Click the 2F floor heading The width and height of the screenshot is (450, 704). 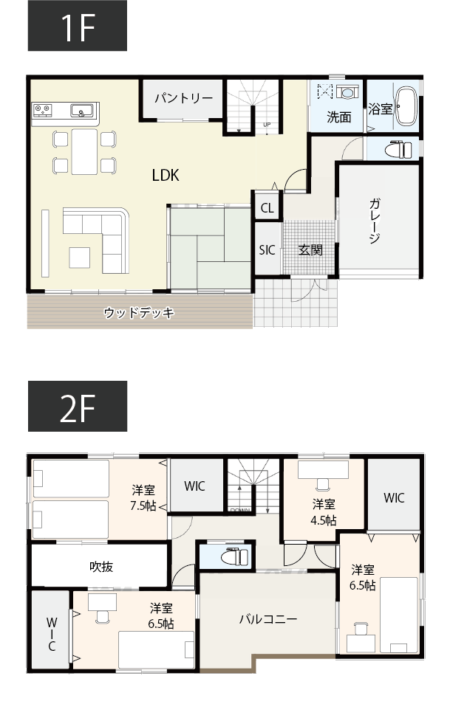pos(78,407)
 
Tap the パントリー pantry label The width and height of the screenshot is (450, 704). pos(184,98)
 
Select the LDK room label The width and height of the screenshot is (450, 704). pos(166,175)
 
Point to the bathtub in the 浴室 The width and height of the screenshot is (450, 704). pos(407,108)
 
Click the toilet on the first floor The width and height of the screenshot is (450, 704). pos(399,148)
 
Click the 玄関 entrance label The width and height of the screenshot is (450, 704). pos(310,250)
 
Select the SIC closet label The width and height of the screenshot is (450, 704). pos(267,250)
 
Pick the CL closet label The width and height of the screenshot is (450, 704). pos(267,208)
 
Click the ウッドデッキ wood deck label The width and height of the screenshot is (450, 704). pos(139,313)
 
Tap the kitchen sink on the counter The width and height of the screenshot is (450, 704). pos(81,111)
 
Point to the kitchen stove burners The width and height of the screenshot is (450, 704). pos(42,111)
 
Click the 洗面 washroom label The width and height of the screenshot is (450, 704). pos(339,117)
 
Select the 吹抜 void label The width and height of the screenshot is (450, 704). pos(101,566)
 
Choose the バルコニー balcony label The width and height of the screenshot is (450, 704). pos(267,618)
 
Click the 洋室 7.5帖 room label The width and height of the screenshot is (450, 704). pos(143,497)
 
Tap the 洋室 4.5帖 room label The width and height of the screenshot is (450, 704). pos(324,512)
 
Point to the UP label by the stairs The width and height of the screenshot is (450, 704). pos(267,125)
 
